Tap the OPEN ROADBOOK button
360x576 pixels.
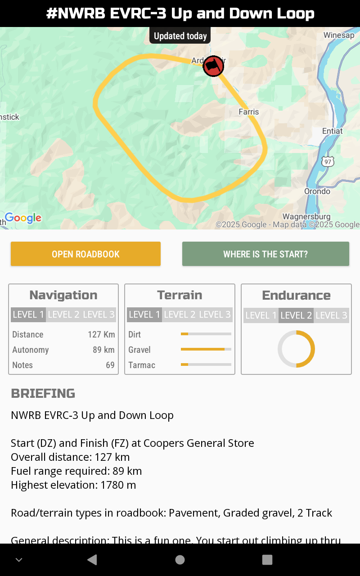tap(85, 254)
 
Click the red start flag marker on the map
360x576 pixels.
tap(213, 66)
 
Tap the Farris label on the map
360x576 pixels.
tap(249, 112)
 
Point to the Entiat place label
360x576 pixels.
tap(333, 131)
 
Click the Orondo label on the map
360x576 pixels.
tap(317, 191)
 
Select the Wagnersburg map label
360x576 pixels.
tap(306, 216)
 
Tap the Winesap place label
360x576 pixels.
tap(339, 35)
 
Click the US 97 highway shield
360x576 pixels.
tap(328, 161)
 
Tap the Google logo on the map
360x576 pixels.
tap(23, 218)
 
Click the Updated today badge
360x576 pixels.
tap(180, 36)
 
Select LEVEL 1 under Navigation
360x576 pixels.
tap(28, 315)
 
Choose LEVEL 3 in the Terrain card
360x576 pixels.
tap(215, 315)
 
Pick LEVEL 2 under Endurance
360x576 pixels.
tap(296, 315)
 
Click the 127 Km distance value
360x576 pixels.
tap(101, 334)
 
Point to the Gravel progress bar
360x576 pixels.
tap(206, 349)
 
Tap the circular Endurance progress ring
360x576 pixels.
tap(296, 349)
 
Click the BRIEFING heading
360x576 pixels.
tap(43, 393)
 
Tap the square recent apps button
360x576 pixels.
tap(267, 559)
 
